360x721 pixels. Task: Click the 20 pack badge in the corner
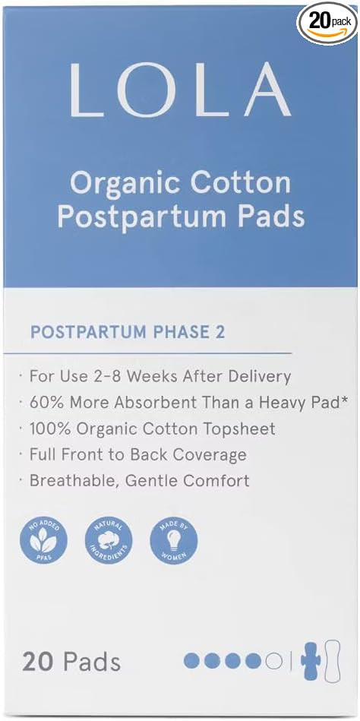point(326,21)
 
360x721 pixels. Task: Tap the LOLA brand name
point(180,90)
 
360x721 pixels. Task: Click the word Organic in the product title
point(123,183)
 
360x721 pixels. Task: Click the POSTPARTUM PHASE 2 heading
point(127,332)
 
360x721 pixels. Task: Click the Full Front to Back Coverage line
point(137,454)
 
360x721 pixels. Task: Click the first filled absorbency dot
point(192,661)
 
